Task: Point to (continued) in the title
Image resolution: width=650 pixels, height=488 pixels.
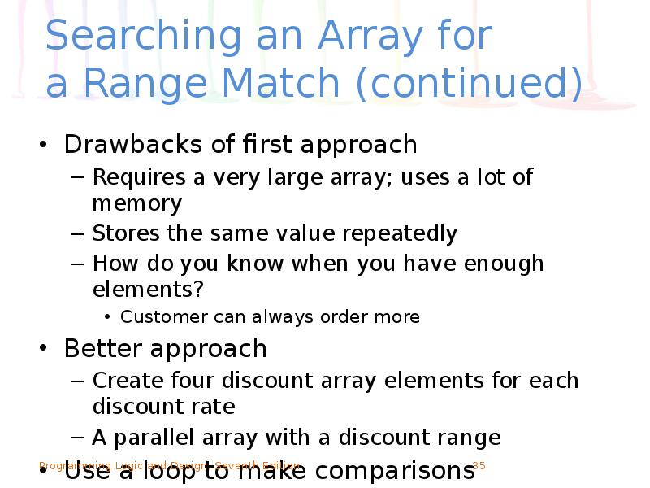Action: coord(474,83)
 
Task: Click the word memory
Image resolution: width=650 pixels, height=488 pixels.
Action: coord(136,203)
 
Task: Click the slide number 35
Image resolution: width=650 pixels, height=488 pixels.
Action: coord(479,466)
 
